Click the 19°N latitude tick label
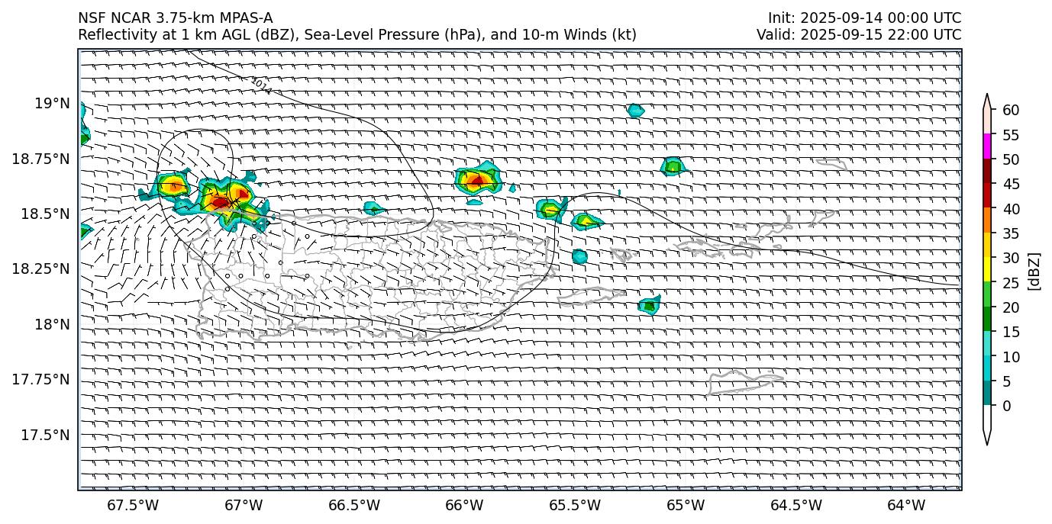52,103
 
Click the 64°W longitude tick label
906,505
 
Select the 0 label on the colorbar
1006,406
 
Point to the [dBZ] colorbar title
1035,270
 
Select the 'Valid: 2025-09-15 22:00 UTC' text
859,34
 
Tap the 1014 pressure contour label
261,85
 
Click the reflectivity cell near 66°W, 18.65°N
478,181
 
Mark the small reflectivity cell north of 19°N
635,111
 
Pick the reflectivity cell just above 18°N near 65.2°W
649,305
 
